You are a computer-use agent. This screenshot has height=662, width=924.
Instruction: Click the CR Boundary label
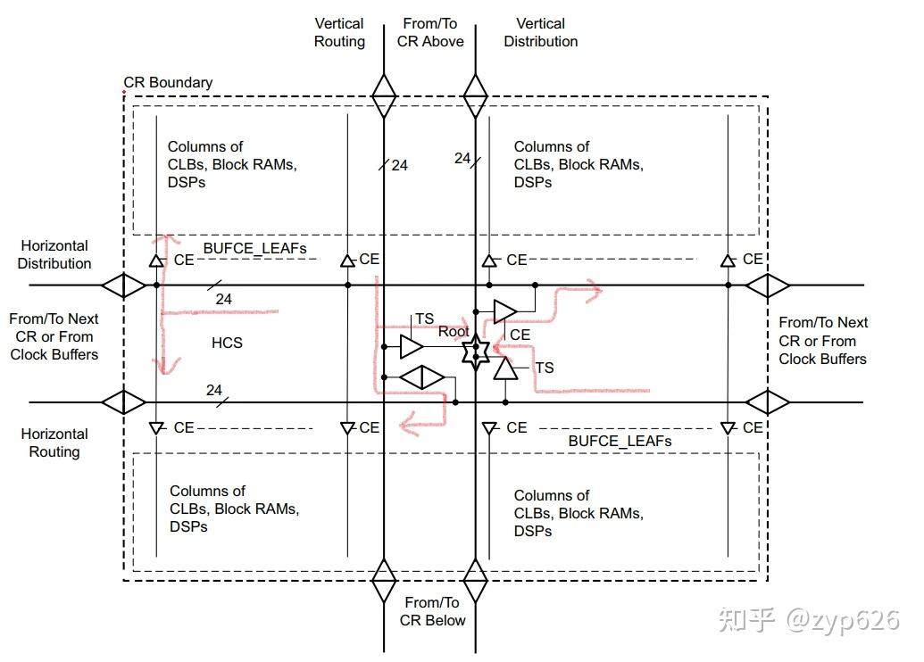[168, 82]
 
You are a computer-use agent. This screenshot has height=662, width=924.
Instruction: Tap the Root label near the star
[454, 332]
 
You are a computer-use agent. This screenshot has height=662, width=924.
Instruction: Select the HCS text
[227, 343]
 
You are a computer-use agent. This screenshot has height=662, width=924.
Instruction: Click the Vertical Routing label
[339, 32]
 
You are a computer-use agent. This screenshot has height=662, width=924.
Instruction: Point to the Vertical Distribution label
[541, 32]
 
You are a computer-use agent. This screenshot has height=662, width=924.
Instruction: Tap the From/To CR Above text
[430, 32]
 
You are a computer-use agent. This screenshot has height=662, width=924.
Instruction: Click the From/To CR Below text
[432, 611]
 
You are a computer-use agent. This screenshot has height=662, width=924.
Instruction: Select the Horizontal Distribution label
[54, 254]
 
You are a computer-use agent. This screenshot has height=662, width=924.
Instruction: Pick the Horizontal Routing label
[54, 443]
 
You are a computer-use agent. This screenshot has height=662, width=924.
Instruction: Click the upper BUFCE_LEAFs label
[254, 249]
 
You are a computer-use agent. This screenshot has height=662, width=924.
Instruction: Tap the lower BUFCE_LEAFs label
[620, 441]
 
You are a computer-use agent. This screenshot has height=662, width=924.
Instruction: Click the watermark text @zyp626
[843, 619]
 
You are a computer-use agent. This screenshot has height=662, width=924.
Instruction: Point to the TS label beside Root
[424, 319]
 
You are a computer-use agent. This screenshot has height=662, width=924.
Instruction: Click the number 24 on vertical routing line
[400, 166]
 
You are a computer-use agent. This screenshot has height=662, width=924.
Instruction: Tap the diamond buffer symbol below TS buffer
[422, 377]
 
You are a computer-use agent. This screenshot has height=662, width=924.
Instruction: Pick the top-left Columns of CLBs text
[232, 164]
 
